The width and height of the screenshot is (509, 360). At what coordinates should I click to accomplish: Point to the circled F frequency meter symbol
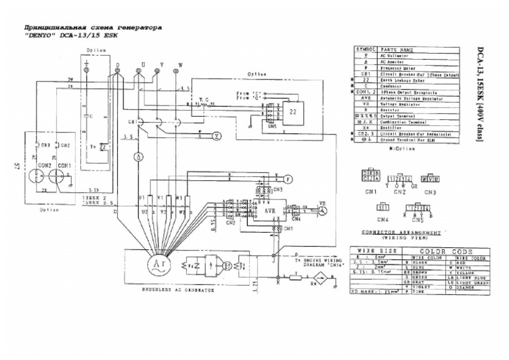point(288,179)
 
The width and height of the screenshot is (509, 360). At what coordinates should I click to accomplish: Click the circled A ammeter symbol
point(139,156)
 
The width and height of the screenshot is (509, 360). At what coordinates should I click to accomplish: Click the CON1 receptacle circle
point(64,172)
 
